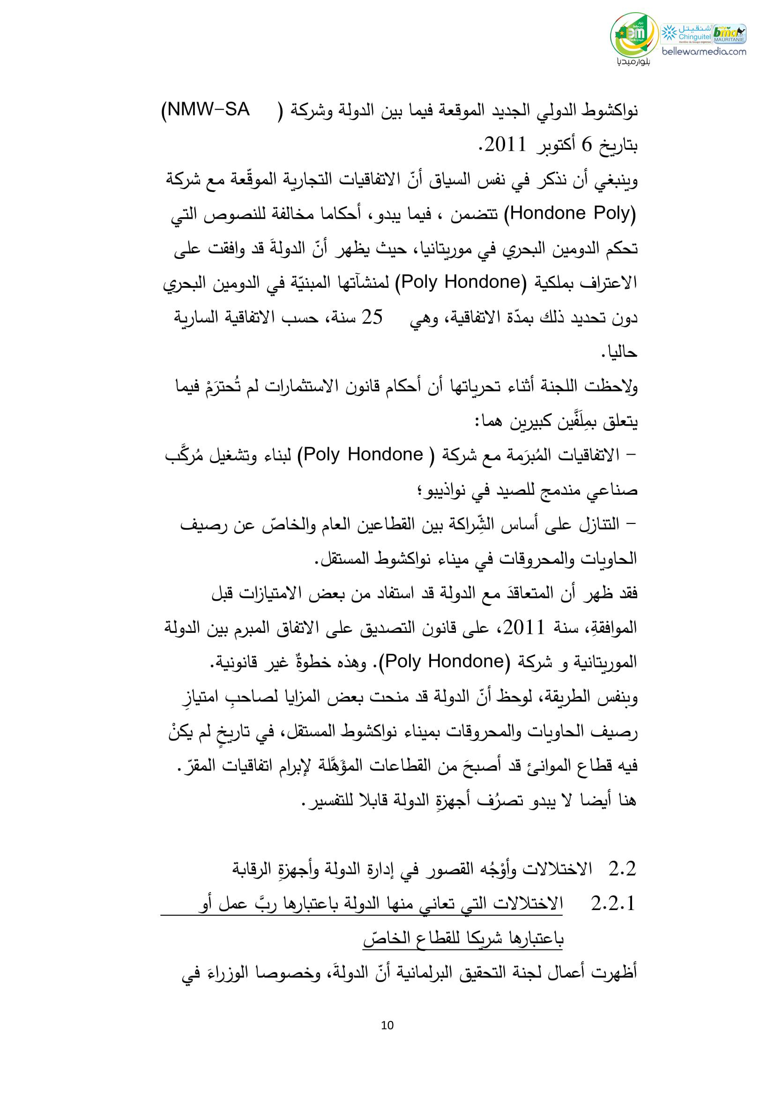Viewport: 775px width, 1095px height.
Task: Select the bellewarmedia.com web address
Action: tap(703, 51)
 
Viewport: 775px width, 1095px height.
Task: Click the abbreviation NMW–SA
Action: tap(206, 110)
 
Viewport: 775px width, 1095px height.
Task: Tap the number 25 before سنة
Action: tap(373, 317)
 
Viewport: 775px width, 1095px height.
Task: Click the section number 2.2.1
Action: tap(613, 903)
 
